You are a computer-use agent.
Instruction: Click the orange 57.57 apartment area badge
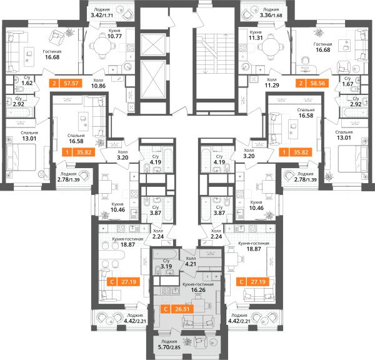point(66,83)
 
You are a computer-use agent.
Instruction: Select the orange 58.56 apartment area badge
point(312,83)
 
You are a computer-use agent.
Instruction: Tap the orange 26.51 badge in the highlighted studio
point(177,309)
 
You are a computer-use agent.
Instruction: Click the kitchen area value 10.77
point(114,36)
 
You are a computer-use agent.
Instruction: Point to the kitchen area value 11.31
point(256,37)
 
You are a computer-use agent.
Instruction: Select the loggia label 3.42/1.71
point(102,15)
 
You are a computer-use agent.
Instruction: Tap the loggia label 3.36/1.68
point(271,15)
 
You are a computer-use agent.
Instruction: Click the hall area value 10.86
point(98,86)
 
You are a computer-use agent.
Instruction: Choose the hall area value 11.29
point(272,85)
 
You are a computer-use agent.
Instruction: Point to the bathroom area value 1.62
point(27,83)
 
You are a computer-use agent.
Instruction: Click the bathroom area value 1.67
point(347,84)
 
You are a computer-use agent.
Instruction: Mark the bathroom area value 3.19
point(166,266)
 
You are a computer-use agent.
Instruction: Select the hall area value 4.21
point(191,264)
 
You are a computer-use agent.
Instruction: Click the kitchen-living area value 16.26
point(198,290)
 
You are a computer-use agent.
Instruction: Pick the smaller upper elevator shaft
point(153,45)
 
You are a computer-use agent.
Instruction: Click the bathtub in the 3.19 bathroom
point(165,253)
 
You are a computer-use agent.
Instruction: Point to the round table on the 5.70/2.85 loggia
point(212,342)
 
